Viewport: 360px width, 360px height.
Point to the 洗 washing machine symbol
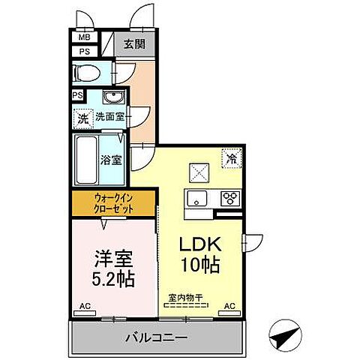(83, 118)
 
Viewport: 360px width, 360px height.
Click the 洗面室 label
(109, 118)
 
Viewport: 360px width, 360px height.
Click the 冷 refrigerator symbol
(232, 158)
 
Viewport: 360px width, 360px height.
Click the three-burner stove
(229, 199)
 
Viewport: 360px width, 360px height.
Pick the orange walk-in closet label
(114, 202)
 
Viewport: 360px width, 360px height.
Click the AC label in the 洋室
(85, 306)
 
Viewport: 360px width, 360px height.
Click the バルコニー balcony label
(156, 339)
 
